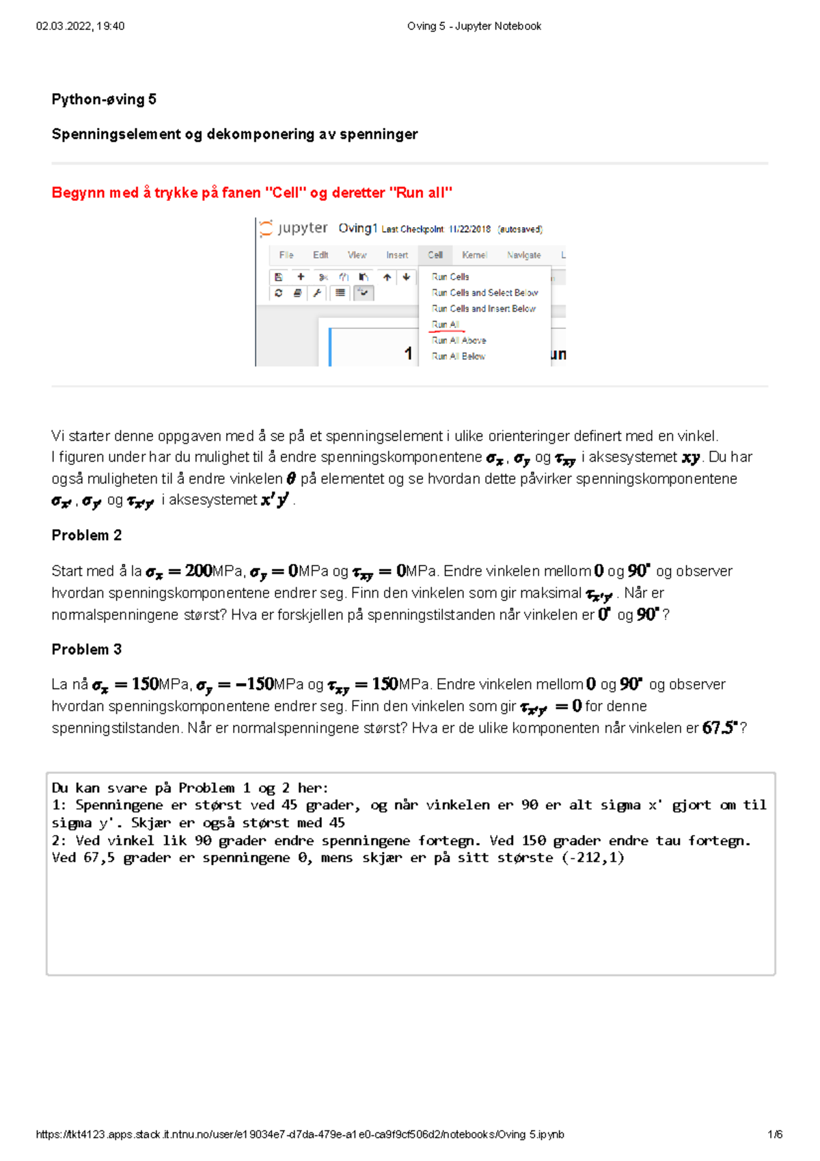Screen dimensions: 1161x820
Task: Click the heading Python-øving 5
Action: coord(104,99)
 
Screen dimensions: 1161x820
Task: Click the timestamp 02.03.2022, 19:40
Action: coord(80,26)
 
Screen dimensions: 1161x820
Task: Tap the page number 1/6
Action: coord(775,1134)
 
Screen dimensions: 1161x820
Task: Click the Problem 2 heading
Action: coord(86,535)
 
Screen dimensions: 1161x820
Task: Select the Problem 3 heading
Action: coord(86,650)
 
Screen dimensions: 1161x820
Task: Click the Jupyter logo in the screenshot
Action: coord(266,228)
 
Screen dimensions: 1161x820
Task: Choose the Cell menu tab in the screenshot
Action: coord(435,255)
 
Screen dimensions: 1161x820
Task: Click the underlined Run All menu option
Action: coord(446,325)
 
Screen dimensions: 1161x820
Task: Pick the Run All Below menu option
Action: coord(459,356)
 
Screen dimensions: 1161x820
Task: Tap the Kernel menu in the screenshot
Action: coord(474,255)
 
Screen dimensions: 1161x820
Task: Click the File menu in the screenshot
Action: coord(286,255)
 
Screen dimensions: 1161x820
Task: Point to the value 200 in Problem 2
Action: coord(198,571)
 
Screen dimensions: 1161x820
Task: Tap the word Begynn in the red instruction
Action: coord(74,193)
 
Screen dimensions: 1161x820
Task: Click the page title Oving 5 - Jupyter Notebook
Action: coord(474,26)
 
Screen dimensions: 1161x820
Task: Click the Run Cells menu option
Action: coord(450,277)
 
